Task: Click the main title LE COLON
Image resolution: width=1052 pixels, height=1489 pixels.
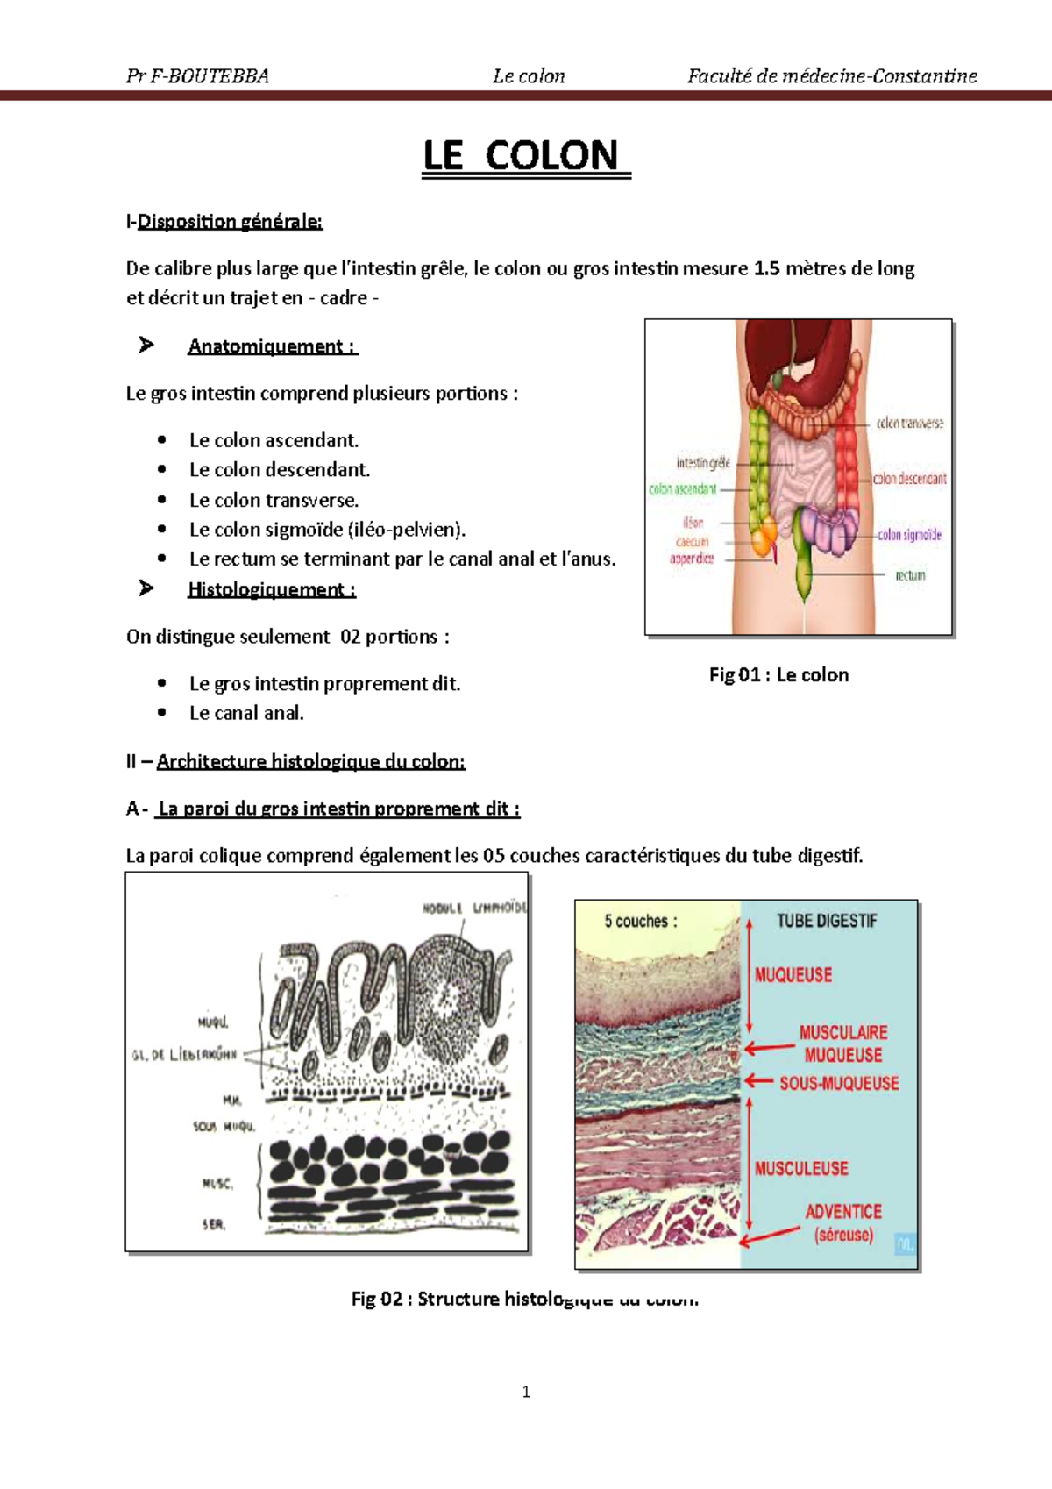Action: coord(526,156)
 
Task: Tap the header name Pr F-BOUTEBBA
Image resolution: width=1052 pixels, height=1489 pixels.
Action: coord(197,76)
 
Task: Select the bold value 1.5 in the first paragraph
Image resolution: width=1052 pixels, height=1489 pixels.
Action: coord(766,268)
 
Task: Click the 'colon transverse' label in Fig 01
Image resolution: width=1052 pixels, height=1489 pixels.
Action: coord(910,423)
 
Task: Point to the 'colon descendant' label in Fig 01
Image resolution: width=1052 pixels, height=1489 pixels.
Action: coord(910,479)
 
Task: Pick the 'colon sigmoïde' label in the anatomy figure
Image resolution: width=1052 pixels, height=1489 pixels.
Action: coord(910,535)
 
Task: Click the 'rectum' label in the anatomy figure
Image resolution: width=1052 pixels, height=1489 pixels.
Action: coord(910,575)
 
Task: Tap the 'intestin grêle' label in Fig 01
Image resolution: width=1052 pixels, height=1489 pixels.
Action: coord(703,462)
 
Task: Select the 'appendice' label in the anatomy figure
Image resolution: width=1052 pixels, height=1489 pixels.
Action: coord(692,559)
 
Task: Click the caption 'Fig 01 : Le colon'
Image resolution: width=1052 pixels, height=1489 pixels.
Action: coord(778,675)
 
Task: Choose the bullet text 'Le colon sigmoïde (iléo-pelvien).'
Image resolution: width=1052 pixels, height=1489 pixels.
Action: coord(327,530)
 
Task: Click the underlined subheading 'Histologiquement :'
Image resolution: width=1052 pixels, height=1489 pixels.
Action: coord(272,589)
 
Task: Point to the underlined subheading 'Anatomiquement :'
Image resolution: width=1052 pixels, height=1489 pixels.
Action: coord(273,346)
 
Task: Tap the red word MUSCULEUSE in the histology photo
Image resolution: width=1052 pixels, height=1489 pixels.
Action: coord(801,1168)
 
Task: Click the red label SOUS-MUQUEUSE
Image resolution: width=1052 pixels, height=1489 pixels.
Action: coord(839,1083)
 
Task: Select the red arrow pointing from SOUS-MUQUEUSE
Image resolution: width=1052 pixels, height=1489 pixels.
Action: coord(759,1082)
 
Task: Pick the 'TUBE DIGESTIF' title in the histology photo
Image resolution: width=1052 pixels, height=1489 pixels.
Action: coord(826,921)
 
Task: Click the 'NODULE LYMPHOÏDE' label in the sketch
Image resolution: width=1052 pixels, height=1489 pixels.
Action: coord(474,908)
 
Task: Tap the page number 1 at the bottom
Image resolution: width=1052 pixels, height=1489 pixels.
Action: coord(526,1392)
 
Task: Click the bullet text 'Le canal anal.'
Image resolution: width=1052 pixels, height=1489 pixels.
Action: coord(246,714)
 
